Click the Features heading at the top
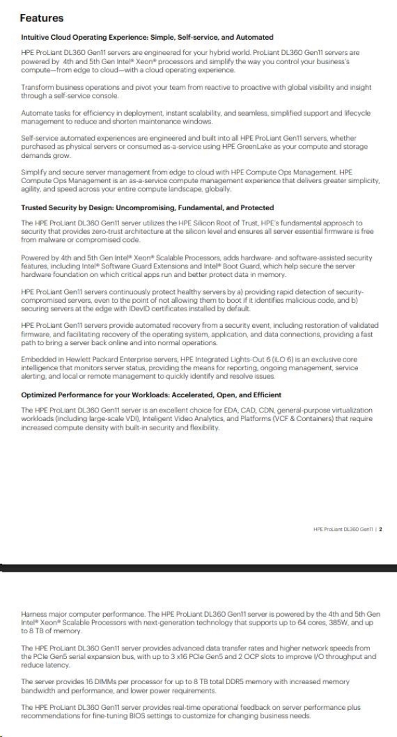[42, 18]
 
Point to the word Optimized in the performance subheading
[41, 395]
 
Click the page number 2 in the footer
[382, 529]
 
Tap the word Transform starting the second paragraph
[36, 87]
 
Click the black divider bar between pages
[198, 566]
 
